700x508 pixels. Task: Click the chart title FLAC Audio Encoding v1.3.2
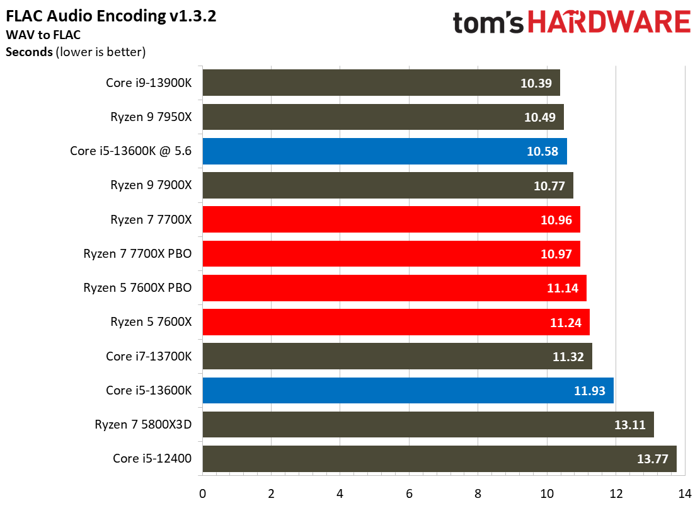(111, 16)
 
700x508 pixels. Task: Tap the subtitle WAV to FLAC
(43, 35)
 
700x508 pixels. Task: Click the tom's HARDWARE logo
(572, 22)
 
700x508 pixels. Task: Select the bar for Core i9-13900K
(381, 83)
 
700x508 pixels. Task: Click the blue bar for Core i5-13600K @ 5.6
(385, 151)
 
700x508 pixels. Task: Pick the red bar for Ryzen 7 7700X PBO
(391, 253)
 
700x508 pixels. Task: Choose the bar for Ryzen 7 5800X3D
(428, 425)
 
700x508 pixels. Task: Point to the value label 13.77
(652, 459)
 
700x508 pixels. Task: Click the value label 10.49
(540, 117)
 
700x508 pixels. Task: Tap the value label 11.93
(589, 391)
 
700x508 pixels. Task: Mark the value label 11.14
(563, 288)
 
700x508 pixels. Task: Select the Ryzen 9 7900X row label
(151, 185)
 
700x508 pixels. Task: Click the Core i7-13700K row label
(149, 356)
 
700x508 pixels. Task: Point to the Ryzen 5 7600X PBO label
(137, 288)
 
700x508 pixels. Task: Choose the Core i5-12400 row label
(152, 458)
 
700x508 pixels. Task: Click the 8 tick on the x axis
(478, 494)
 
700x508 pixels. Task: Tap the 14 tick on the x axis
(684, 494)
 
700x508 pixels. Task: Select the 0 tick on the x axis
(203, 494)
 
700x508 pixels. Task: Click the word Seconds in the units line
(30, 52)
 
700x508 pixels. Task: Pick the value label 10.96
(556, 219)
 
